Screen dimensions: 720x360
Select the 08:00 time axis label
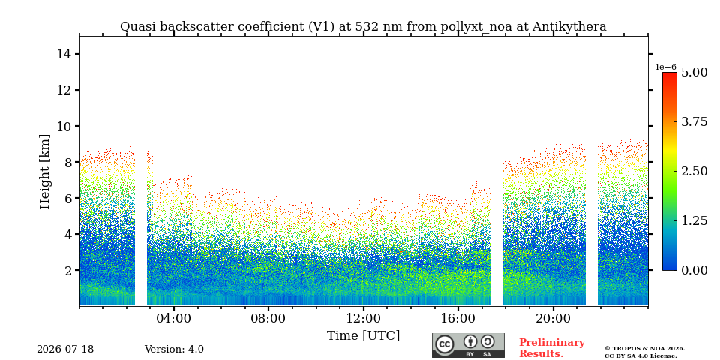[x=268, y=319]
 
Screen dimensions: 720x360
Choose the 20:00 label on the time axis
[x=553, y=319]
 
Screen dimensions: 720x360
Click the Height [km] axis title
[x=44, y=172]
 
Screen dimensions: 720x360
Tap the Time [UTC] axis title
[x=363, y=336]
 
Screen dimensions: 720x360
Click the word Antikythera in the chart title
[x=569, y=27]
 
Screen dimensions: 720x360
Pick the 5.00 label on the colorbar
[x=694, y=72]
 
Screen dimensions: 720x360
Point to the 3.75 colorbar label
[x=694, y=121]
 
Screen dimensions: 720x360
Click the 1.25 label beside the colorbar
[x=694, y=220]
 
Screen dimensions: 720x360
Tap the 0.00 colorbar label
[x=694, y=271]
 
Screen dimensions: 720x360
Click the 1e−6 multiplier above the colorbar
[x=665, y=67]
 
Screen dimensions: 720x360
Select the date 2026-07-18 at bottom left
[x=65, y=349]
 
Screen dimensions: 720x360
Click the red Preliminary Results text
[x=551, y=348]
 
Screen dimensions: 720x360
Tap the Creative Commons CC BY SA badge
[x=468, y=345]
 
